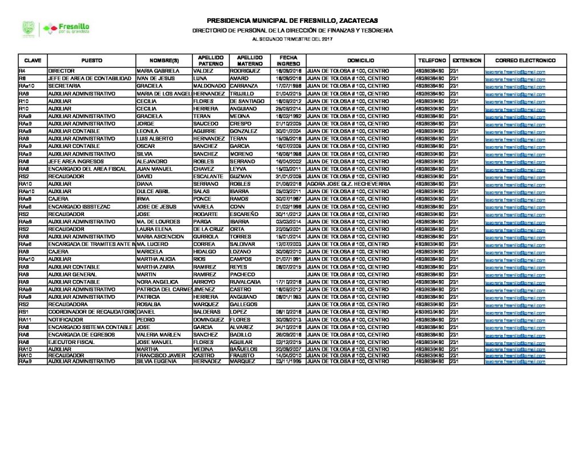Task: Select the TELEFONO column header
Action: point(431,60)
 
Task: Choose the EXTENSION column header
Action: point(466,60)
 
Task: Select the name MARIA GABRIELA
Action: point(158,71)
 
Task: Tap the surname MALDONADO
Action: point(210,85)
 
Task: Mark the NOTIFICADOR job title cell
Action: point(67,320)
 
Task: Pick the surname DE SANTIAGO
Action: point(248,99)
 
